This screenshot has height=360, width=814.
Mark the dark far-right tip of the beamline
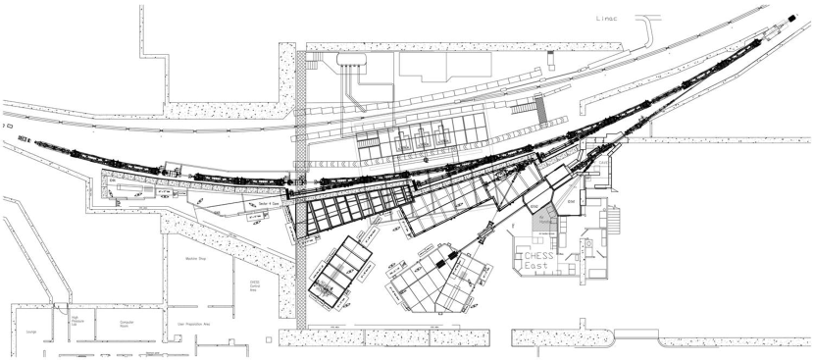[791, 17]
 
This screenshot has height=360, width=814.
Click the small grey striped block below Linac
[542, 108]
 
